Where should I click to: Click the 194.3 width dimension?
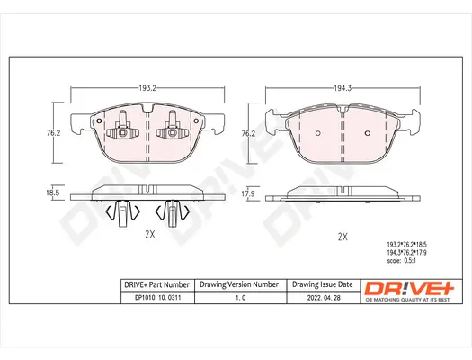pos(341,89)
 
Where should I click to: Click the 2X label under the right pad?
pos(342,237)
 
